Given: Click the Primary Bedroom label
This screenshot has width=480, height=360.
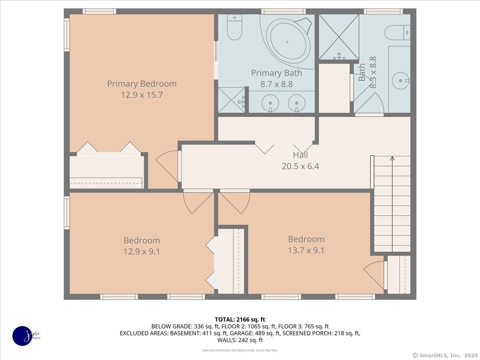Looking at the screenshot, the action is [142, 84].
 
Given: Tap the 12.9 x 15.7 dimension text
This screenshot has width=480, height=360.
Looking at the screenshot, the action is [142, 95].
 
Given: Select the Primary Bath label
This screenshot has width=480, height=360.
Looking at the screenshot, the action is [276, 73].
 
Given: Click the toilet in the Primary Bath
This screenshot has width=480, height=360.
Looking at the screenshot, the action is [234, 27].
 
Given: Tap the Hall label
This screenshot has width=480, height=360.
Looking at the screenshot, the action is [300, 155].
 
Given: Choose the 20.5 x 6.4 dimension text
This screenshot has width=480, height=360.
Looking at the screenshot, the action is [300, 166].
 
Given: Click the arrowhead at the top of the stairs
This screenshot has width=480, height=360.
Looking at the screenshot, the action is [392, 158].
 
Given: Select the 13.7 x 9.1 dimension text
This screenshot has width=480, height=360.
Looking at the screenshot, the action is [306, 250].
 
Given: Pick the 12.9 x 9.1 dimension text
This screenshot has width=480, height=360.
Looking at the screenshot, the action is [142, 252].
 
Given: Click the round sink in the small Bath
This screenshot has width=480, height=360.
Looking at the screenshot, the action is [400, 81].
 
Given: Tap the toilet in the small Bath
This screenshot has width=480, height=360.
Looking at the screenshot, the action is [397, 32].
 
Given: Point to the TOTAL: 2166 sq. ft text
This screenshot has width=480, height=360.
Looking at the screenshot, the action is [240, 320].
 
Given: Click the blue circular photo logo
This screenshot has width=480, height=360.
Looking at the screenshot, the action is [22, 336].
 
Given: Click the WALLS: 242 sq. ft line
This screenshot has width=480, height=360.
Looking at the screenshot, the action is [240, 340].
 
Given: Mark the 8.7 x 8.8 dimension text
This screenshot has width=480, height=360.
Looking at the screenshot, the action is [276, 84].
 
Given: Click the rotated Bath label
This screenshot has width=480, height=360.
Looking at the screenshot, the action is [362, 72].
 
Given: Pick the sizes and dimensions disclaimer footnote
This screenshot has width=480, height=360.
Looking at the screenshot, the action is [240, 350].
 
